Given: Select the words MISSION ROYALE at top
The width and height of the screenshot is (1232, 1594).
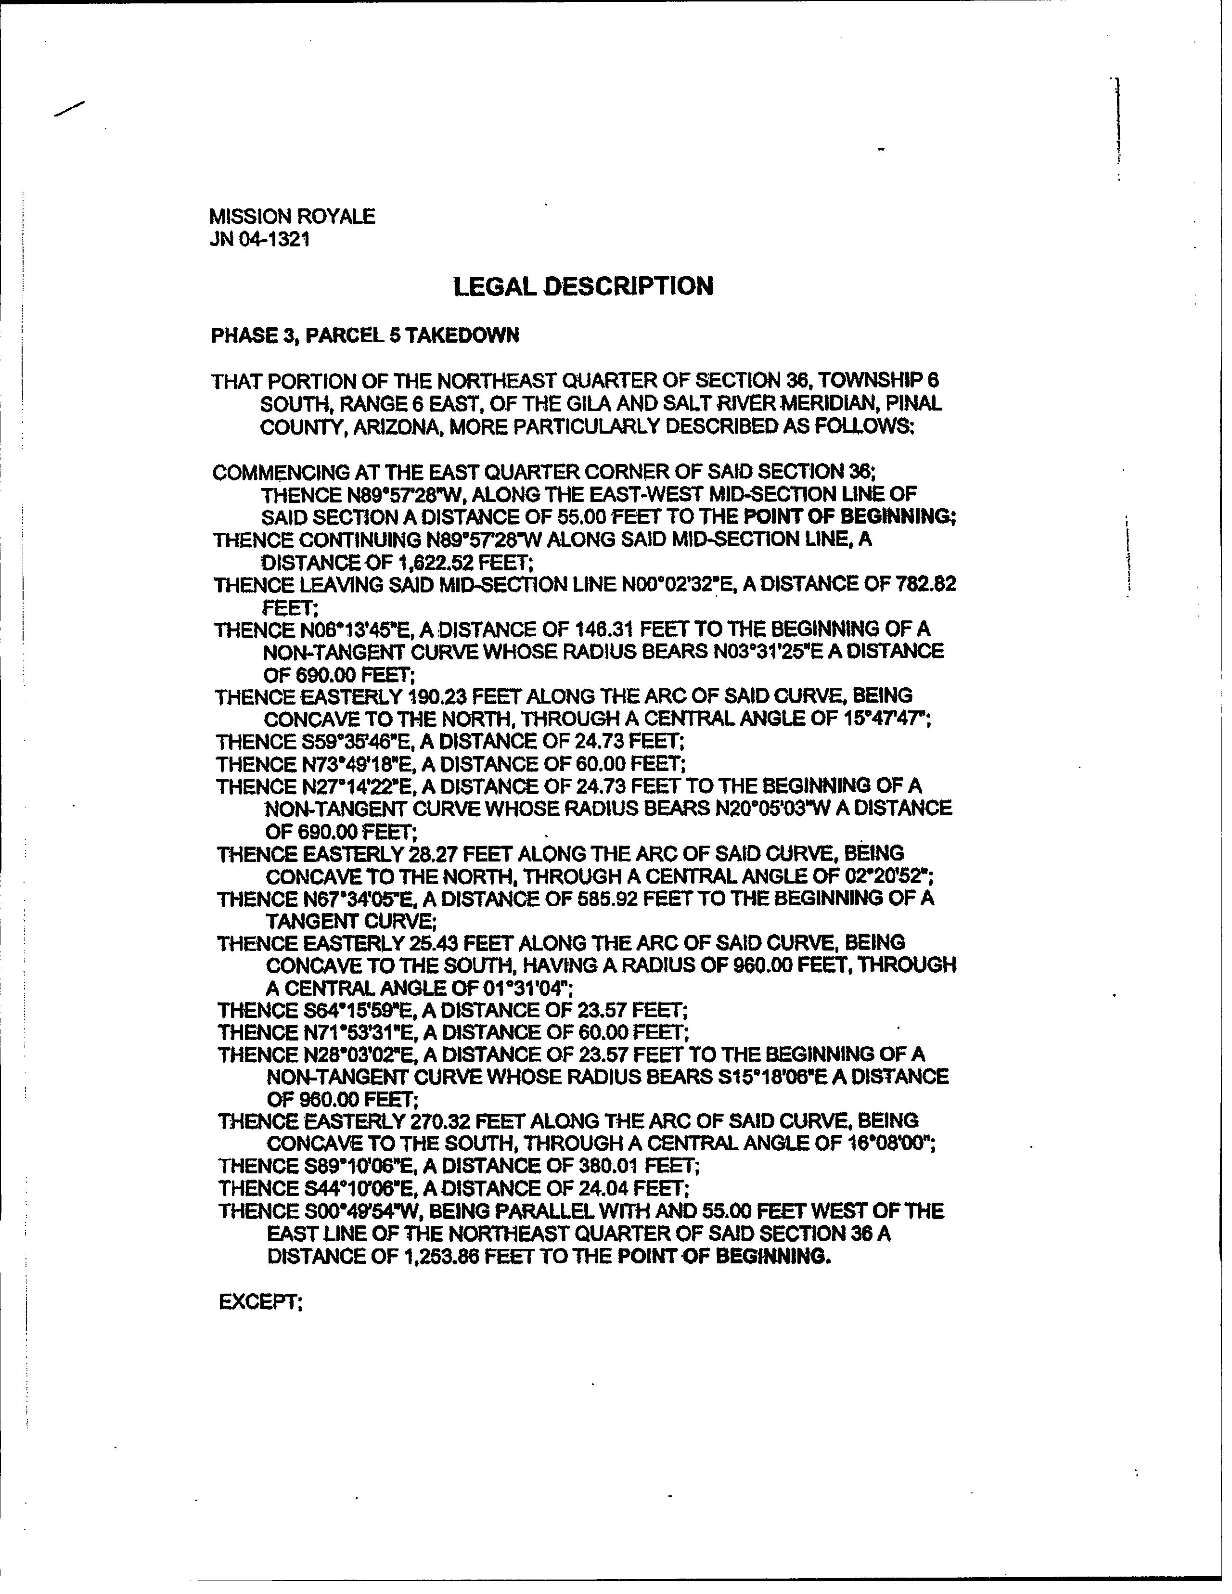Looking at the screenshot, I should [292, 217].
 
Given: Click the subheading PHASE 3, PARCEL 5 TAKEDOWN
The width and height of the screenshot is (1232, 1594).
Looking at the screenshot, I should [365, 336].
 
